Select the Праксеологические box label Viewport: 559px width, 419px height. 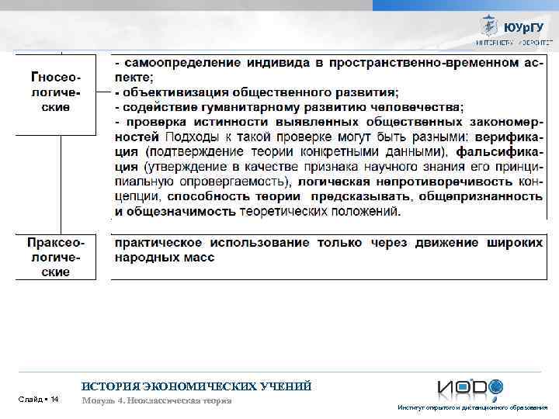point(55,257)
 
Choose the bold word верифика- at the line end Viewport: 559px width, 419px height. point(505,137)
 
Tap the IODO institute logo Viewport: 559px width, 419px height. point(469,388)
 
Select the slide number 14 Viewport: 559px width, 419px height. point(39,399)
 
